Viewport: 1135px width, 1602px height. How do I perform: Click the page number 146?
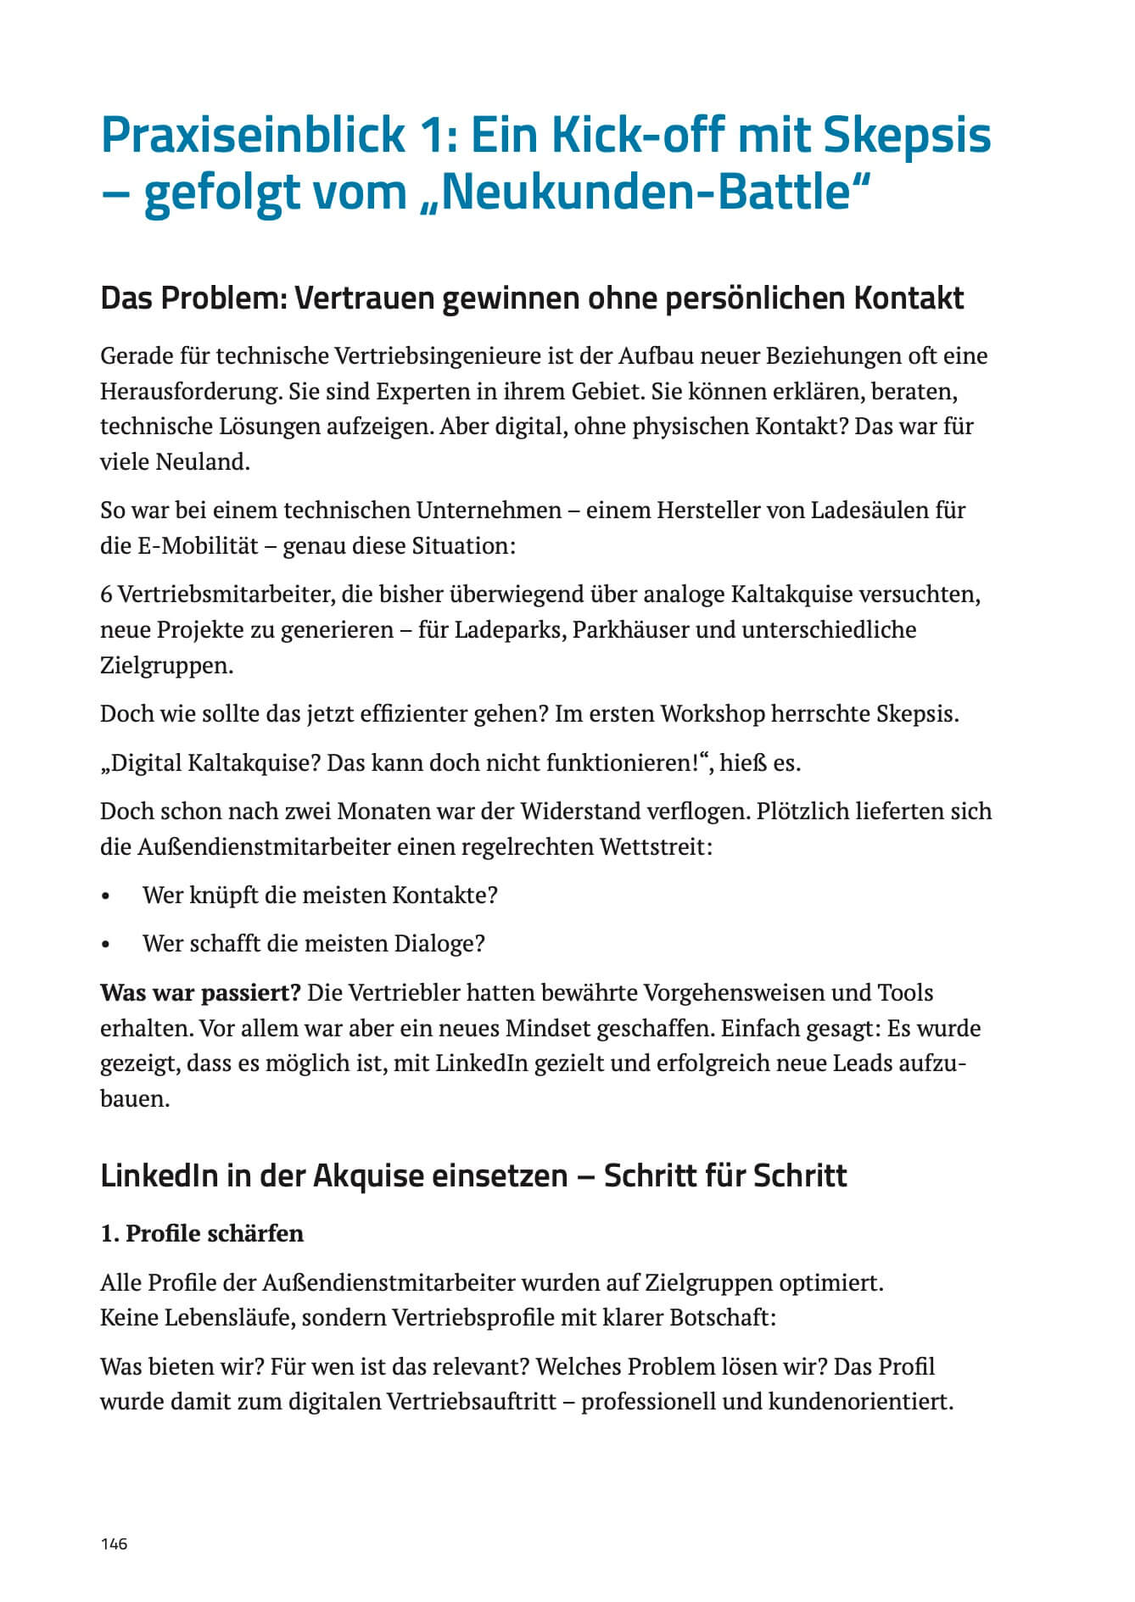point(114,1543)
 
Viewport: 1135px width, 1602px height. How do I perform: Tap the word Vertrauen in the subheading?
point(365,299)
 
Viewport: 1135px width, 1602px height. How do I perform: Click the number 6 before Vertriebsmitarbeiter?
point(106,594)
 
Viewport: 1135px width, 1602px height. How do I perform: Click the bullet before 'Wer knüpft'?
point(106,896)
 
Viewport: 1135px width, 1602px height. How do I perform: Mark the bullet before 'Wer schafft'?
point(106,945)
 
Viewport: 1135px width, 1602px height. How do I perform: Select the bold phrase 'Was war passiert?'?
point(200,993)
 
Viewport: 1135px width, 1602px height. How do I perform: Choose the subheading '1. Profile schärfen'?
point(202,1233)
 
